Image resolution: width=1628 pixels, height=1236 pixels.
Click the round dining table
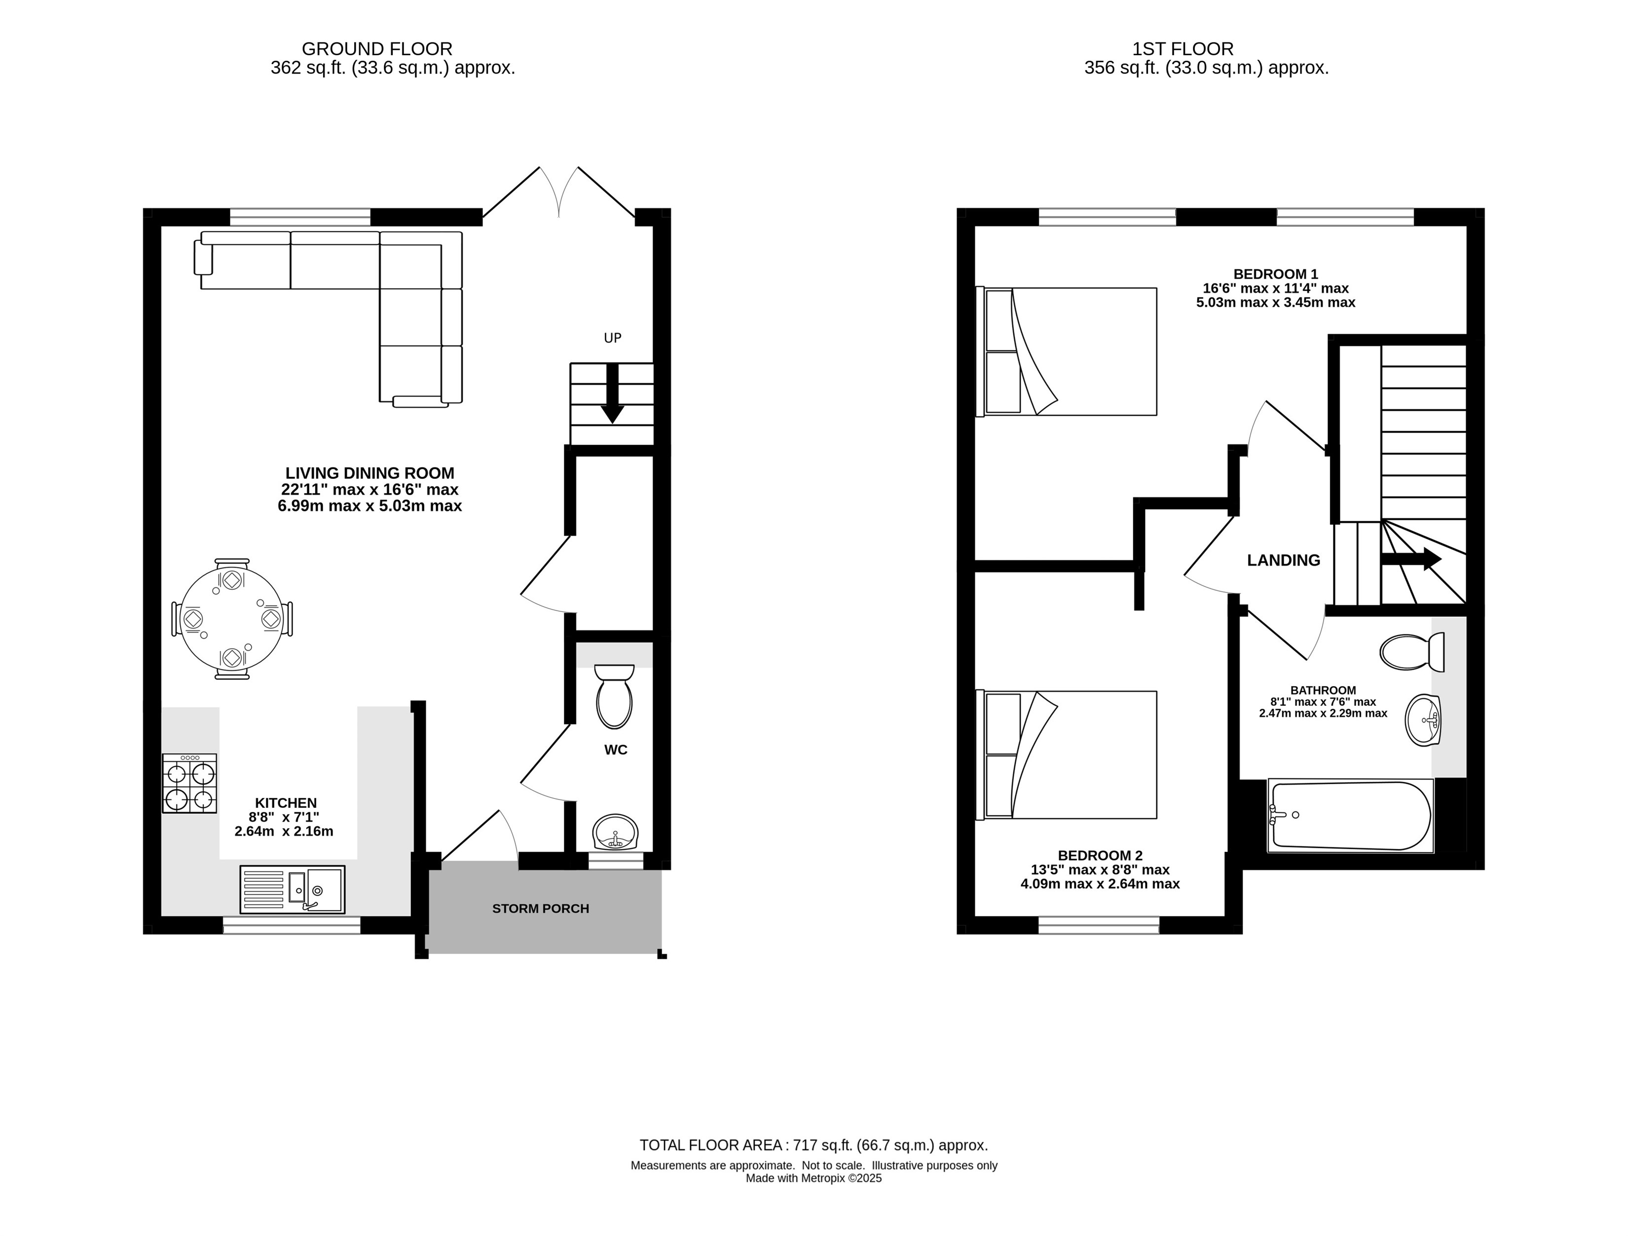pyautogui.click(x=231, y=618)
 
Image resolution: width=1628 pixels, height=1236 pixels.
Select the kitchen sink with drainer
pyautogui.click(x=292, y=889)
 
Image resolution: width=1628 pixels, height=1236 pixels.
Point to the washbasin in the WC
pyautogui.click(x=615, y=832)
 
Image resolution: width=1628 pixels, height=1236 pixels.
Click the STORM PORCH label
pyautogui.click(x=541, y=909)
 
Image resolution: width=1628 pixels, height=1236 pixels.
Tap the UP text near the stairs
pyautogui.click(x=612, y=338)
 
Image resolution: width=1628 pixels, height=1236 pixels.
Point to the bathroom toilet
pyautogui.click(x=1412, y=652)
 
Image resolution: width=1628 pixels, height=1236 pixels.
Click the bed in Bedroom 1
pyautogui.click(x=1067, y=352)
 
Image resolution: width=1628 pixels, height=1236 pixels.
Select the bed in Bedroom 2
pyautogui.click(x=1067, y=755)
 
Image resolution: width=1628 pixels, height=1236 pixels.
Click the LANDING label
pyautogui.click(x=1284, y=561)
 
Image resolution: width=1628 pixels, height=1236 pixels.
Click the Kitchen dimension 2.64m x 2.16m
pyautogui.click(x=284, y=832)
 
